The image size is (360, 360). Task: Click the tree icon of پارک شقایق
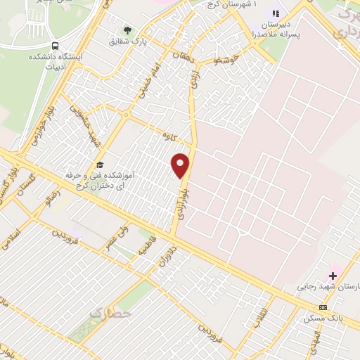coord(127,30)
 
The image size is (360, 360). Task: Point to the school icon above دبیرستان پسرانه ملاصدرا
coord(276,13)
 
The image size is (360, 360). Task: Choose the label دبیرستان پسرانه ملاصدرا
coord(271,31)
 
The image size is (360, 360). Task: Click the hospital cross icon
coord(333,276)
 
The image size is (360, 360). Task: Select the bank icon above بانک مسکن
coord(323,307)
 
